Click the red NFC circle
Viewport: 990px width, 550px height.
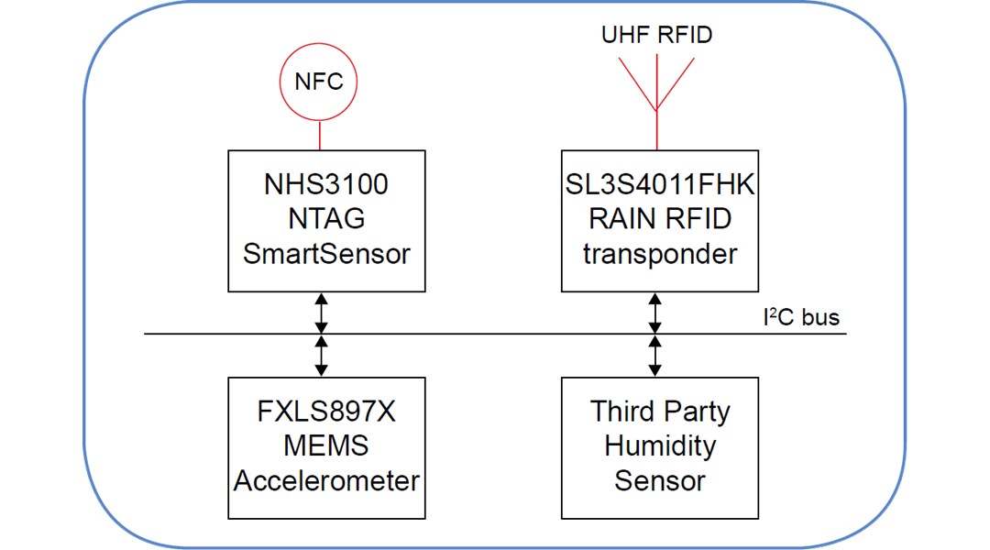(318, 82)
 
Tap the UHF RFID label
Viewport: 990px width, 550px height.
(656, 36)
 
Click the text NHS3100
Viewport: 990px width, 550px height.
(326, 185)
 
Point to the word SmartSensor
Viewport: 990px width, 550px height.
(326, 254)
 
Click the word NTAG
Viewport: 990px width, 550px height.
(326, 219)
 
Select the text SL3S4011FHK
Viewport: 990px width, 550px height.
(660, 185)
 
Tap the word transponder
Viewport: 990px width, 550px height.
(660, 254)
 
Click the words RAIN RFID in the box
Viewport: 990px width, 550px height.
(660, 219)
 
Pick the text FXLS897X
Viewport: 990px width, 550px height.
(326, 412)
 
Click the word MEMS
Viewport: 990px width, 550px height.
(326, 445)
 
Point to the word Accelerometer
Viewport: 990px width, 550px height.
(326, 480)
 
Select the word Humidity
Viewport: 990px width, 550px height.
(660, 445)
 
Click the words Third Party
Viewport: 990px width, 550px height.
(660, 412)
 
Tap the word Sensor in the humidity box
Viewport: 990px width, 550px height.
(660, 480)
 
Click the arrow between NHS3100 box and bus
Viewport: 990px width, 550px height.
(321, 313)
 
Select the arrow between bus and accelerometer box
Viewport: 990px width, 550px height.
(321, 356)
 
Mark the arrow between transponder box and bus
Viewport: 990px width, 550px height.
(654, 313)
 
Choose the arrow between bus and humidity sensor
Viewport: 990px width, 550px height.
(654, 356)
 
